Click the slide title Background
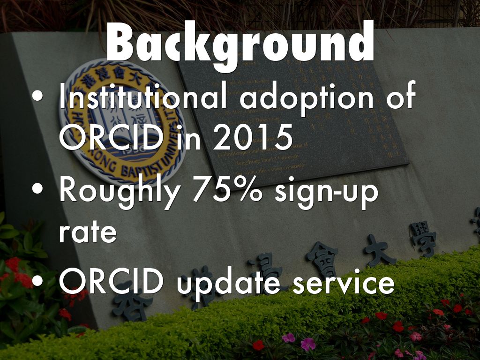[x=240, y=44]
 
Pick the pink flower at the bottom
[x=308, y=344]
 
